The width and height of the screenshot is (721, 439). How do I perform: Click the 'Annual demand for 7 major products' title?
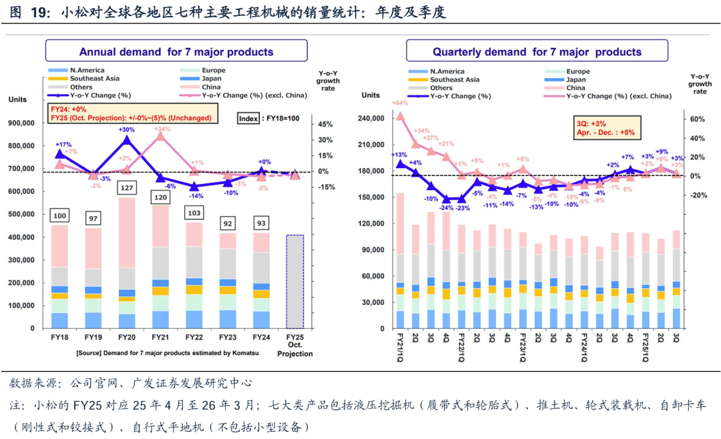(176, 51)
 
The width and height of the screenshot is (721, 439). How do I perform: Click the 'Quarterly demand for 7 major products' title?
(537, 51)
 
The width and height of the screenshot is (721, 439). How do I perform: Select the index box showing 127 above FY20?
(126, 187)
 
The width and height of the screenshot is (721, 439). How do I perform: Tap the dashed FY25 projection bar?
(294, 281)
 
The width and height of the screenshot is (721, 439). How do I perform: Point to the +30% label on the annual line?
(127, 129)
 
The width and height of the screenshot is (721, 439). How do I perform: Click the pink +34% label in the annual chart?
(162, 129)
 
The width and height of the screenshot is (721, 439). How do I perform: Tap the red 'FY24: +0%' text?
(69, 109)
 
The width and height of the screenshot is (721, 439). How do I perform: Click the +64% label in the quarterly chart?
(400, 103)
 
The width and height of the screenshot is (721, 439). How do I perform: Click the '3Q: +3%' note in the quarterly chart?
(590, 123)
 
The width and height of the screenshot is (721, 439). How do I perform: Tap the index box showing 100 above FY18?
(60, 215)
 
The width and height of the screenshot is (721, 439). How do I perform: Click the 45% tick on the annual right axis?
(325, 124)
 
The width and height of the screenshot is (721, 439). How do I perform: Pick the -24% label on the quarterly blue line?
(446, 207)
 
